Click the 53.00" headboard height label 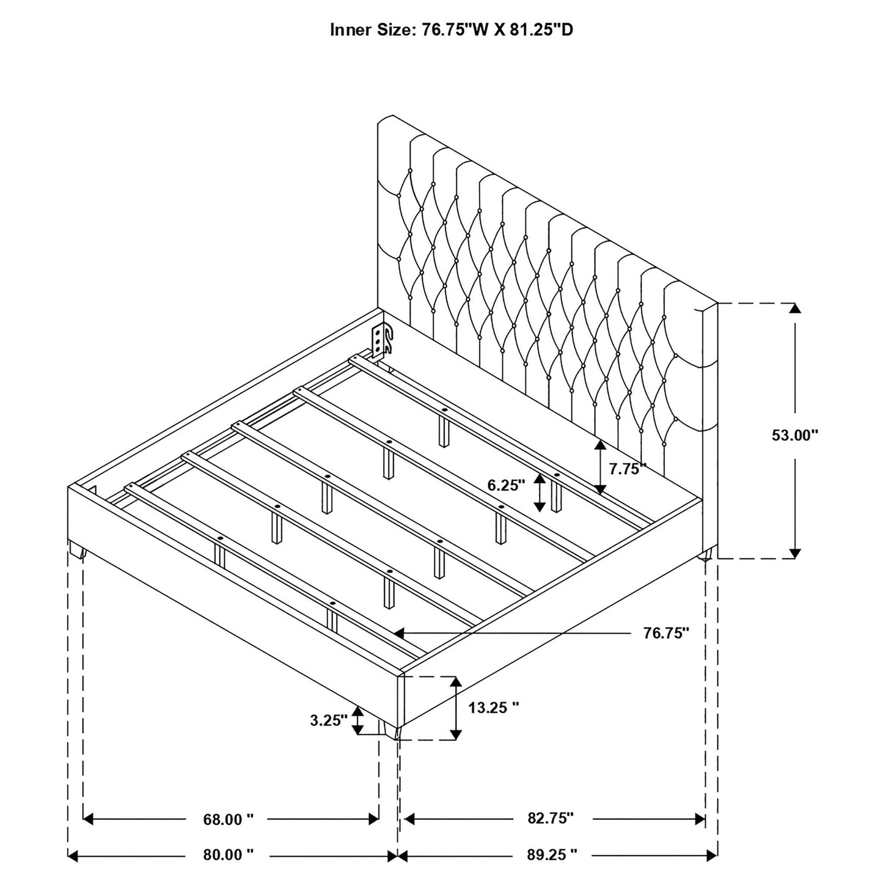coord(794,435)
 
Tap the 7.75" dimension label coord(628,469)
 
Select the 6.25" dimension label coord(507,486)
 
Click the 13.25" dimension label coord(494,708)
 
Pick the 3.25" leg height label coord(328,720)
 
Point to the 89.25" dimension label coord(552,854)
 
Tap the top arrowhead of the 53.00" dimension coord(794,309)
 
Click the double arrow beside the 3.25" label coord(358,721)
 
